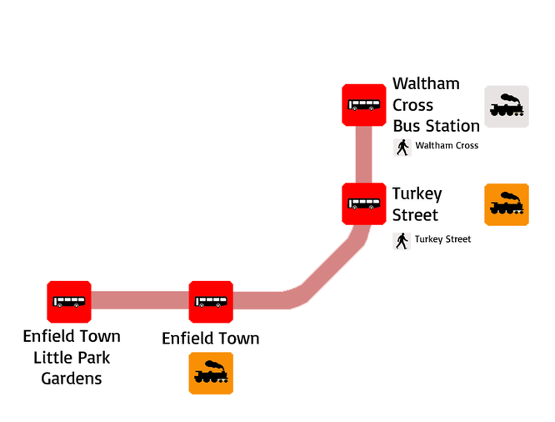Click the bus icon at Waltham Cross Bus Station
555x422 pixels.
(x=364, y=105)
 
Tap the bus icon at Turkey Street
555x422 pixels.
(x=364, y=203)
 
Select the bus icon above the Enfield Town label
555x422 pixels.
(x=211, y=302)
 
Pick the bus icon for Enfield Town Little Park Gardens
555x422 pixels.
(x=69, y=302)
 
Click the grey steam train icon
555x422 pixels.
(x=507, y=106)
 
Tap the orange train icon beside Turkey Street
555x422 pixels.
(x=507, y=204)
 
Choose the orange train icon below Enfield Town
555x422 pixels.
(x=211, y=373)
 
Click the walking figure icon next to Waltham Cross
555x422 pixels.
(x=402, y=148)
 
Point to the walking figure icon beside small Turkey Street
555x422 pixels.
(x=402, y=241)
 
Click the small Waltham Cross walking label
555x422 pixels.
(x=447, y=146)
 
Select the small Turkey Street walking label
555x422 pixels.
(x=442, y=239)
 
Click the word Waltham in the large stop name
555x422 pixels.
(x=426, y=84)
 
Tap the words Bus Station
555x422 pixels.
(x=437, y=126)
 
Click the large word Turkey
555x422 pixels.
(x=417, y=194)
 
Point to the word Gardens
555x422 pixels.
(x=72, y=379)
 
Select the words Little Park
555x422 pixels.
(x=72, y=358)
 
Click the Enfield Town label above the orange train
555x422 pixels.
(x=211, y=339)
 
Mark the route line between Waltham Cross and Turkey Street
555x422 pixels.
(x=364, y=154)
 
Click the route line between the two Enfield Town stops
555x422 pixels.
(x=140, y=300)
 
